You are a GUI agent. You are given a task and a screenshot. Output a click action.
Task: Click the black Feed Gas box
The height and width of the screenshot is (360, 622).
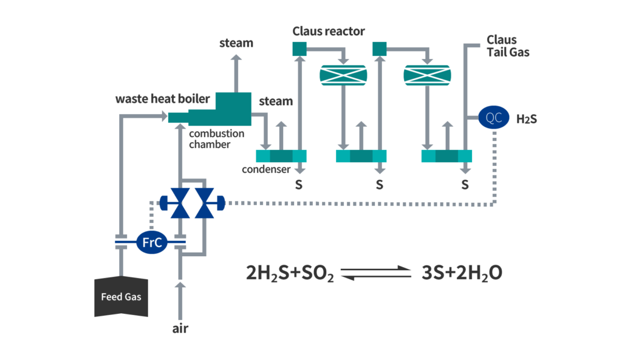[x=121, y=297]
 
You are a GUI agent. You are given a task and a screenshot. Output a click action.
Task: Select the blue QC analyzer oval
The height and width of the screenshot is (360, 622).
[x=494, y=118]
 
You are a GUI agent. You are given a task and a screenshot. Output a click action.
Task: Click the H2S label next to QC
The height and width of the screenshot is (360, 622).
[x=525, y=118]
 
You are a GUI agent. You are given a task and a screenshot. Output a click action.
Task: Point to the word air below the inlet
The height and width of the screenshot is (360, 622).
[x=180, y=328]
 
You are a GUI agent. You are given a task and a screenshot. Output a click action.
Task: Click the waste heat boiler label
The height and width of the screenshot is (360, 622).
[x=163, y=99]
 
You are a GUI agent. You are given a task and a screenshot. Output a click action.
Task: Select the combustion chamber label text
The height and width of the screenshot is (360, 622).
[x=216, y=139]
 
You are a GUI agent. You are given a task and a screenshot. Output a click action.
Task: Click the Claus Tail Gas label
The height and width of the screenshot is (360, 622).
[x=508, y=46]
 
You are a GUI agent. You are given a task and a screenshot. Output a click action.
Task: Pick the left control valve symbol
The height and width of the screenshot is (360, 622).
[x=180, y=203]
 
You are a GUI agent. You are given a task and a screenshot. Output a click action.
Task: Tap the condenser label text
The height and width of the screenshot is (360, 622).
[x=266, y=169]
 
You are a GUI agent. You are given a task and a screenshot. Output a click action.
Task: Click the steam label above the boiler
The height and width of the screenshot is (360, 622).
[x=236, y=43]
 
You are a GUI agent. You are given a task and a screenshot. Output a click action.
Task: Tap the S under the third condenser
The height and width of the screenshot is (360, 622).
[x=465, y=185]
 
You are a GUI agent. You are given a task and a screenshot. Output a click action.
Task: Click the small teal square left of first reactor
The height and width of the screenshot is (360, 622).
[x=300, y=49]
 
